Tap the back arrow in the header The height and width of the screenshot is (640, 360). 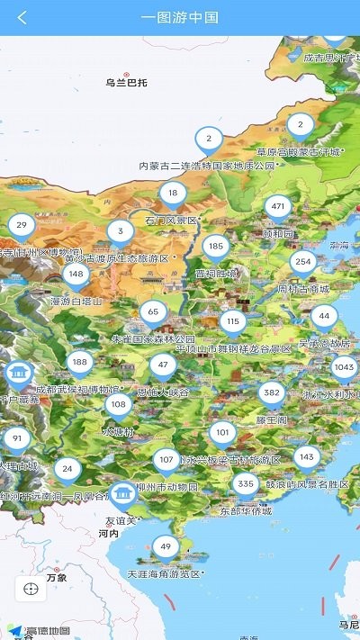tap(22, 17)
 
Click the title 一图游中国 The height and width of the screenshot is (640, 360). tap(180, 17)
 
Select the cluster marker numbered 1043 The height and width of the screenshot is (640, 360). tap(344, 367)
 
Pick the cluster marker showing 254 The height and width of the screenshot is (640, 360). tap(303, 263)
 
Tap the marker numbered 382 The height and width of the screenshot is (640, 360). tap(272, 394)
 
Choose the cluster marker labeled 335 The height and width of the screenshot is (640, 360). tap(245, 484)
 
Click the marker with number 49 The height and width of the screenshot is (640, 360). tap(165, 546)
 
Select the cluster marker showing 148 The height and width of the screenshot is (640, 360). tap(76, 275)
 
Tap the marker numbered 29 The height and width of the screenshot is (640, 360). tap(22, 226)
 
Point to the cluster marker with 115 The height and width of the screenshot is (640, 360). tap(233, 321)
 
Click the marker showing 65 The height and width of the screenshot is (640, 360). tap(153, 312)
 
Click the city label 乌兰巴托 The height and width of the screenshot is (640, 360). tap(126, 83)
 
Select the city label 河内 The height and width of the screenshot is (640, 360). tap(108, 534)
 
